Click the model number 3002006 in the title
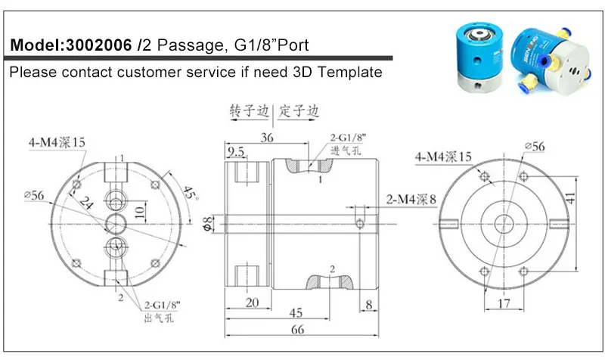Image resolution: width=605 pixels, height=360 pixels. click(99, 45)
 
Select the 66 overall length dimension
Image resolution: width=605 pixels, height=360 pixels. click(297, 329)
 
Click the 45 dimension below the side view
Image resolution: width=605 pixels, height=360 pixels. click(296, 312)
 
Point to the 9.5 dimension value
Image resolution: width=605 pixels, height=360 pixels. click(235, 151)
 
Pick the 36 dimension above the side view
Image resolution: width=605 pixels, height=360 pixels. click(267, 138)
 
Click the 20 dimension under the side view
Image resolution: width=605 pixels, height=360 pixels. click(252, 302)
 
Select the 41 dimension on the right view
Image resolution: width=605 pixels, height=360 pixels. click(570, 198)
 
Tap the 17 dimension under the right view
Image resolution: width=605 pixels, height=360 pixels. click(504, 304)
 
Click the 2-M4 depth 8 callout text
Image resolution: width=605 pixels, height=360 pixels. click(411, 199)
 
